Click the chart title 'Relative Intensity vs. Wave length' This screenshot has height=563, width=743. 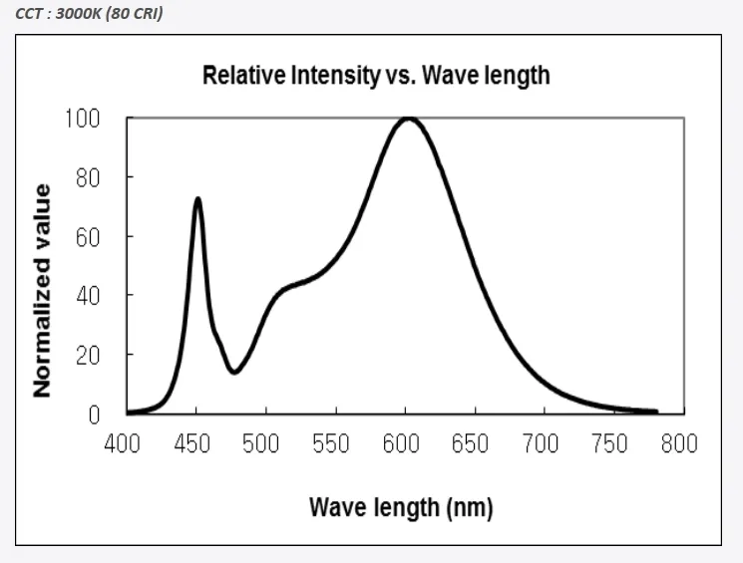376,75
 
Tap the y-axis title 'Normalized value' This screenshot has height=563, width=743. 42,290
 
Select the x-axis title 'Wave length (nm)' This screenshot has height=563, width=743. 401,507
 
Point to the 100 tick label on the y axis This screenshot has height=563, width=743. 84,119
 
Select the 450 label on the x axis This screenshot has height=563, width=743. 191,443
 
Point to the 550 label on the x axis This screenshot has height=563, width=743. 331,443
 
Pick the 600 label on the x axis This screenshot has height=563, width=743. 401,443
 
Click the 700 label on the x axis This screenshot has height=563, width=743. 541,443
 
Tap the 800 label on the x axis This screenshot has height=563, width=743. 679,443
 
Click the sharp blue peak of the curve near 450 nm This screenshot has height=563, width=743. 197,199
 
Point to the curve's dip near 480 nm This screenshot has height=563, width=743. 234,372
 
